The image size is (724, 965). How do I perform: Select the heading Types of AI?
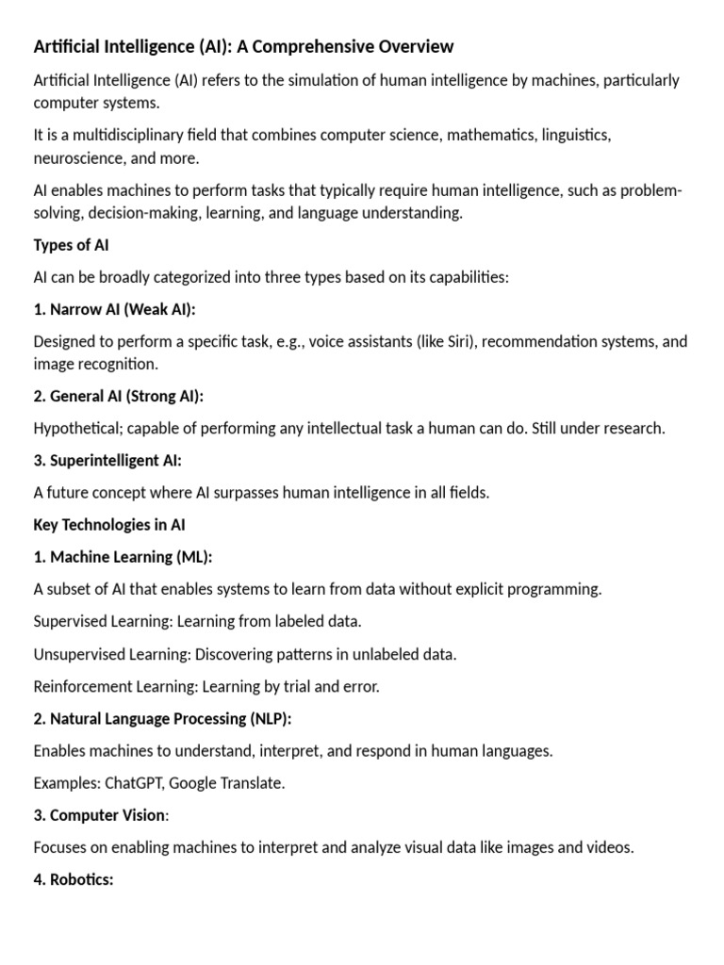tap(72, 245)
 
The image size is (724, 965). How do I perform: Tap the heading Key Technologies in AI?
tap(116, 525)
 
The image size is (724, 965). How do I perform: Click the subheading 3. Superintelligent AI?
tap(107, 460)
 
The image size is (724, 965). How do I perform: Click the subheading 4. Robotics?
tap(74, 879)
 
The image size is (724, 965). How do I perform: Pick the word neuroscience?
tap(77, 158)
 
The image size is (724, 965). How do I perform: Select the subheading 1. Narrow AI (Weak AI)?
tap(115, 309)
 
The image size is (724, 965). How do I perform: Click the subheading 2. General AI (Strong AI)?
tap(119, 396)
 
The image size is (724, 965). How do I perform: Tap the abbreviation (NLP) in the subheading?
tap(271, 718)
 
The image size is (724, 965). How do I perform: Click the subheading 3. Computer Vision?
tap(99, 815)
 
